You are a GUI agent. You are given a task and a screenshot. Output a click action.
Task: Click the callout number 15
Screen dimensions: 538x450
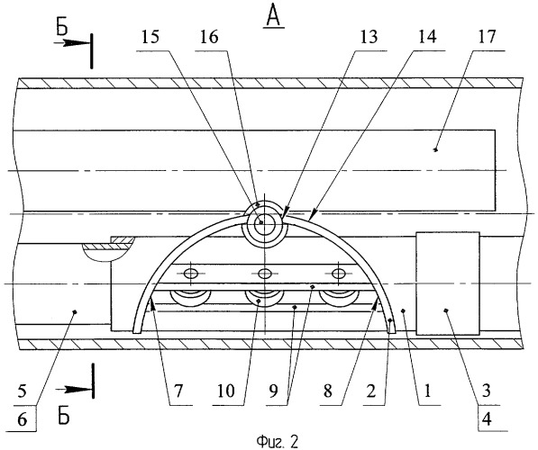(150, 37)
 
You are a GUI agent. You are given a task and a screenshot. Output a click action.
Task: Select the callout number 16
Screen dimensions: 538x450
(209, 37)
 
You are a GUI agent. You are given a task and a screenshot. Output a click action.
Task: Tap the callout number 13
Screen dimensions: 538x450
(369, 37)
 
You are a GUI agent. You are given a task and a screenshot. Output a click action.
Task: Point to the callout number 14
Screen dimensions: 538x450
(427, 37)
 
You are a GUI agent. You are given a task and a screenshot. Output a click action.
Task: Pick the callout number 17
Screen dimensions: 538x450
(487, 37)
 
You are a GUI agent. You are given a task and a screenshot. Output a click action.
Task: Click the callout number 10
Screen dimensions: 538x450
(225, 391)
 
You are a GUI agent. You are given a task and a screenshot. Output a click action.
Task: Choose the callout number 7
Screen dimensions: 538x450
(178, 391)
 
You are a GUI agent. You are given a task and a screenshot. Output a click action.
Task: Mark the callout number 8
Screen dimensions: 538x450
(328, 391)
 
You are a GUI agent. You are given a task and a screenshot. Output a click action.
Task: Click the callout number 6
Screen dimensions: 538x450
(22, 419)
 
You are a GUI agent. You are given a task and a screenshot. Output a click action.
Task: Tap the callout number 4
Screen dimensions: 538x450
(487, 418)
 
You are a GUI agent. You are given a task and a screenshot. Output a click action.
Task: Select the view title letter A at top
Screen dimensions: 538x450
(273, 16)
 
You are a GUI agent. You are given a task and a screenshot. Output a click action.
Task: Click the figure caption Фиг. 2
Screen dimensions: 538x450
(277, 442)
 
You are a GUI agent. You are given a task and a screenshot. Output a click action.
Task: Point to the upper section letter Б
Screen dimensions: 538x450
(62, 28)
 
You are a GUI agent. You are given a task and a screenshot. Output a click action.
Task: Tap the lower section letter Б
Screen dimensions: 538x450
(64, 416)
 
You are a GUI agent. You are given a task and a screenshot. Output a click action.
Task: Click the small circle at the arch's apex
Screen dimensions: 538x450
(264, 221)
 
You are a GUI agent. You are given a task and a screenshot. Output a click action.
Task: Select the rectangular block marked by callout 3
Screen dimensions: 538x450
(447, 283)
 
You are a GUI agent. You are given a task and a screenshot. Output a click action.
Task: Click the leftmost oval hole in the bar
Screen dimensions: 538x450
(191, 274)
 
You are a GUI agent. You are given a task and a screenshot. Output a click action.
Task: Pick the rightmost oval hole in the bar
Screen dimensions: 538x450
(339, 274)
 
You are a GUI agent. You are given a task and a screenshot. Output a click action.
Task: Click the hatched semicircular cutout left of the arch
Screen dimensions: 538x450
(107, 252)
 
